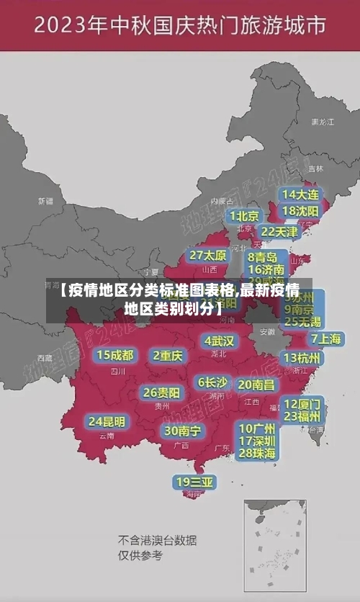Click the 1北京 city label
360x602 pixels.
tap(244, 216)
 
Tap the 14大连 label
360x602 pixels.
tap(301, 194)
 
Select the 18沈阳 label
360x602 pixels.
tap(301, 211)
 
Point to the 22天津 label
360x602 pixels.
tap(279, 232)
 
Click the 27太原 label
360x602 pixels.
tap(208, 256)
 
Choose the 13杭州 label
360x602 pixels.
tap(302, 358)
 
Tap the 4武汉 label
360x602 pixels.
tap(219, 341)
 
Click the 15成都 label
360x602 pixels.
tap(115, 355)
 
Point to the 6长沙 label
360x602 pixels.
tap(212, 382)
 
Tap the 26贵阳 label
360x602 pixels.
tap(161, 392)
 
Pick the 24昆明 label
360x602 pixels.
tap(107, 421)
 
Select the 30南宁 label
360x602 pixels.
tap(182, 431)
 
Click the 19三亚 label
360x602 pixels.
tap(194, 482)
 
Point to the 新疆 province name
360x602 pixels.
tap(45, 201)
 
